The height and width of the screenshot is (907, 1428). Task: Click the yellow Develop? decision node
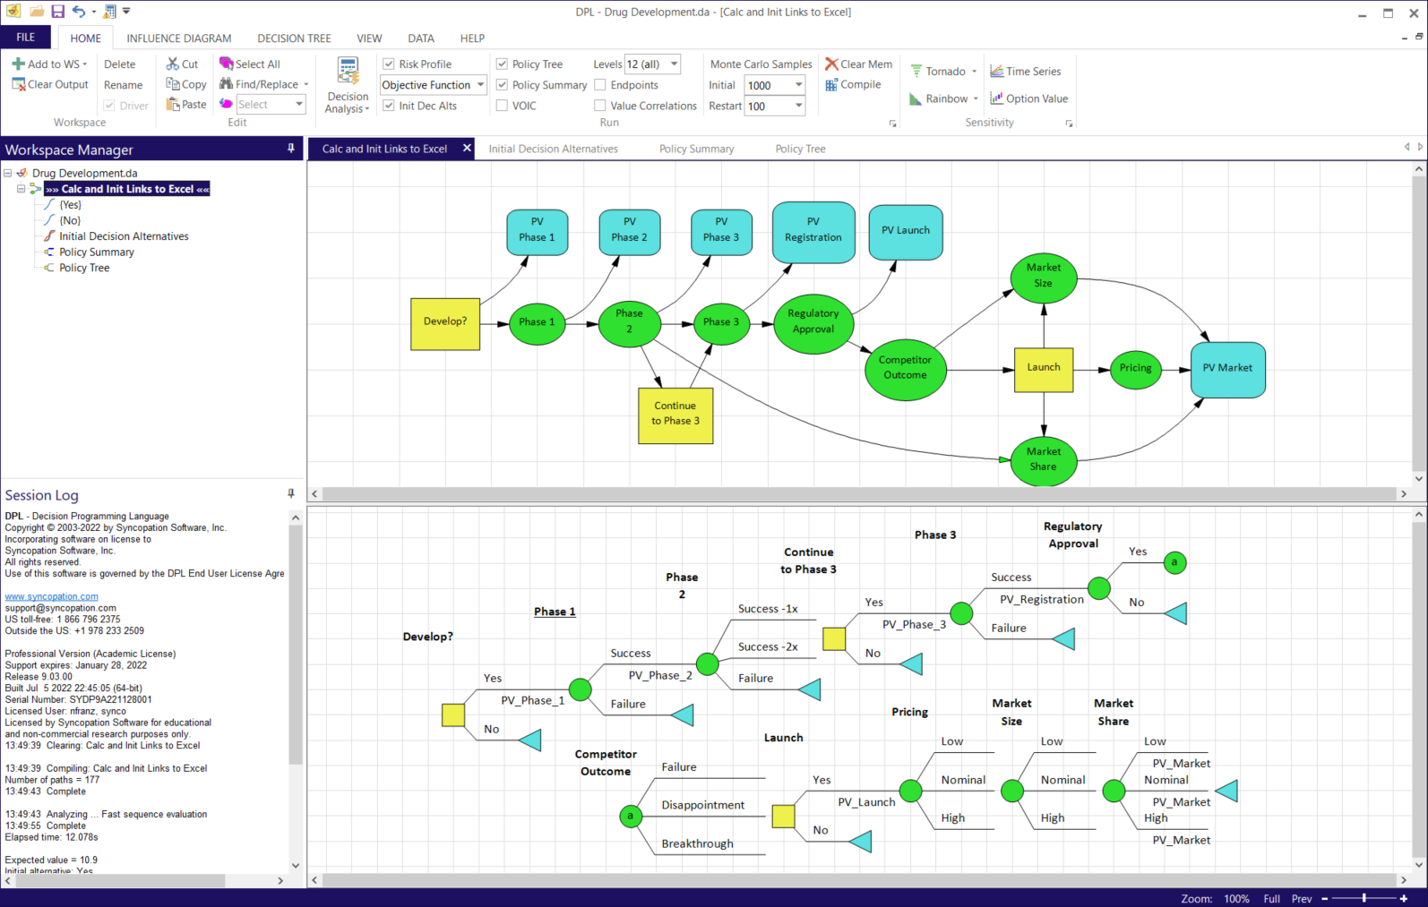(445, 323)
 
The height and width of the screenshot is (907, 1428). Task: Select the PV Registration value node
(813, 231)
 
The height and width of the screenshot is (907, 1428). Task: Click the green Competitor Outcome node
(905, 368)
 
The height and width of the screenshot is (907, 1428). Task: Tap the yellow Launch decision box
(1044, 369)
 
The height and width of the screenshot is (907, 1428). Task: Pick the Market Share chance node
(1043, 460)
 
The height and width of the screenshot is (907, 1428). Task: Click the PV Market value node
(1227, 369)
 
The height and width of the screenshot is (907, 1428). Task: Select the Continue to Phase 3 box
(675, 415)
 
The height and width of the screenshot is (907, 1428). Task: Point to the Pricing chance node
(1135, 369)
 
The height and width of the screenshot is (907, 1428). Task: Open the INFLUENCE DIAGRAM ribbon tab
(179, 39)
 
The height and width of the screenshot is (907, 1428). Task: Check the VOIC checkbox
(503, 106)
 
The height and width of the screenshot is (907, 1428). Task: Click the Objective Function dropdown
(433, 85)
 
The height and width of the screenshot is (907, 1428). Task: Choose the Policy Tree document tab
(800, 150)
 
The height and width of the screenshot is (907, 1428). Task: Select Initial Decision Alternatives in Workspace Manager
(124, 236)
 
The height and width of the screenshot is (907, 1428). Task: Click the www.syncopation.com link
(52, 596)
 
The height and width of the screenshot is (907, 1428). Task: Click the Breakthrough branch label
(697, 844)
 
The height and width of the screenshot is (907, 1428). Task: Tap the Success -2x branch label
(768, 647)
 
